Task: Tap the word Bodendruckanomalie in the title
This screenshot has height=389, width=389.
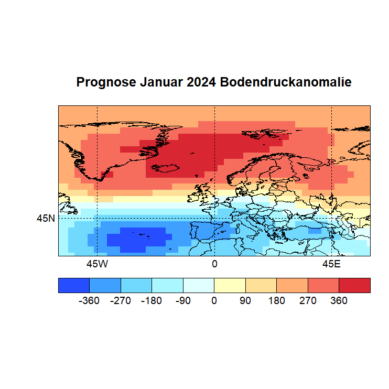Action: click(x=286, y=83)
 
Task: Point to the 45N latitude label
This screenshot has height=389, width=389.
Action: click(x=46, y=219)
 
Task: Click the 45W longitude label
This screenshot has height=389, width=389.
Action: click(x=97, y=264)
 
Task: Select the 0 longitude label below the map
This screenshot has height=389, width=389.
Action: click(x=214, y=264)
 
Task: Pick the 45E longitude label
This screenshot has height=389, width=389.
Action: click(x=331, y=264)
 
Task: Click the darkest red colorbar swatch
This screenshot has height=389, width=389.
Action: click(x=354, y=285)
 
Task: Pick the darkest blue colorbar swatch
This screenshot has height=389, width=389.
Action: click(x=74, y=285)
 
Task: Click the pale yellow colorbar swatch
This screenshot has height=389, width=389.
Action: click(x=230, y=285)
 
